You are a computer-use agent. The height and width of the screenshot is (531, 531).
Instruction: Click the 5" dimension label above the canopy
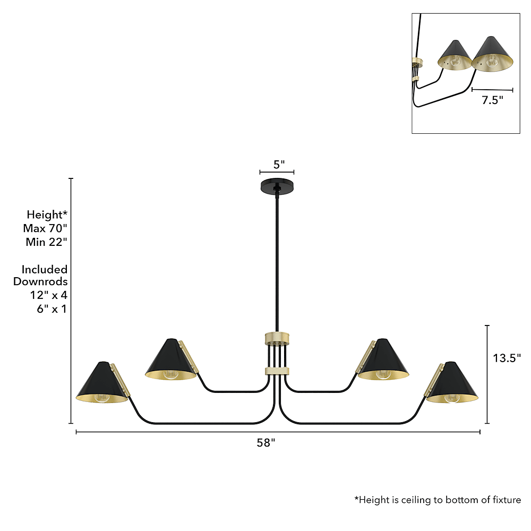point(279,165)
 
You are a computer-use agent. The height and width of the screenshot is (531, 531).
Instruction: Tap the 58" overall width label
point(266,443)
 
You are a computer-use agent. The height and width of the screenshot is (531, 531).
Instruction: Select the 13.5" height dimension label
point(507,358)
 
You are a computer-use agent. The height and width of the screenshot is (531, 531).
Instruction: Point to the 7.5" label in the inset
point(492,100)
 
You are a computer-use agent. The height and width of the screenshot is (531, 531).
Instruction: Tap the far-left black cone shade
point(101,382)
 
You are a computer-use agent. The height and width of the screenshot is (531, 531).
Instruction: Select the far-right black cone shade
point(452,382)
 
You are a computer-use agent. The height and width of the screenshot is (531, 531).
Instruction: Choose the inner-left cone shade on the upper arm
point(170,359)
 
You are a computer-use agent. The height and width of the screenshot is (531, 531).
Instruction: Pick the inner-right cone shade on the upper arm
point(383,359)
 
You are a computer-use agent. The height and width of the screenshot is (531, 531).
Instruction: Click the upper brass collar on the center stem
point(277,338)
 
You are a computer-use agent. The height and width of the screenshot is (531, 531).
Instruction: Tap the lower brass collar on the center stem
point(277,371)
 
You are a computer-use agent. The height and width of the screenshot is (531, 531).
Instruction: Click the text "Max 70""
point(45,228)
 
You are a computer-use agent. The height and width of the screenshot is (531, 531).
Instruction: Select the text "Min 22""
point(46,242)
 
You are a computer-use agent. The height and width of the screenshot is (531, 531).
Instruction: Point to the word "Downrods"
point(40,281)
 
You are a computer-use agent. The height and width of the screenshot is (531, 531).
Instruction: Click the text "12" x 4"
point(49,295)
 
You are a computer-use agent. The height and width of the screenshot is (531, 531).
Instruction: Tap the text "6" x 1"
point(52,309)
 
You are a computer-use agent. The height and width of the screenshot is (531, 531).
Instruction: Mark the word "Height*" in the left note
point(47,215)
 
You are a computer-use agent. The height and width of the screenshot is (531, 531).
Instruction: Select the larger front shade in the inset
point(492,54)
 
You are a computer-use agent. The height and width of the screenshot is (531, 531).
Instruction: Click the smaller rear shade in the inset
point(455,55)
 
